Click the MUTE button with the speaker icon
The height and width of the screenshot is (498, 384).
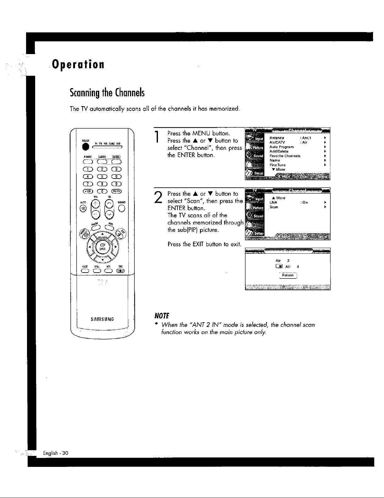tap(84, 209)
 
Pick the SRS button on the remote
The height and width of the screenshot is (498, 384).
tap(121, 271)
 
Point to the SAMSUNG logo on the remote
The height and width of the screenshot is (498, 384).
tap(102, 319)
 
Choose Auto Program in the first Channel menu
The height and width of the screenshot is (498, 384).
tap(281, 147)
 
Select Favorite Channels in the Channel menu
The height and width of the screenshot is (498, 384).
tap(285, 156)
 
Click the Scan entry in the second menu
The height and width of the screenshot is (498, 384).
tap(274, 207)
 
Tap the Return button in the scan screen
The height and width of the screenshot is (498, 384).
tap(288, 275)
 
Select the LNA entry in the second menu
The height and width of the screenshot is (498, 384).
tap(273, 202)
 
